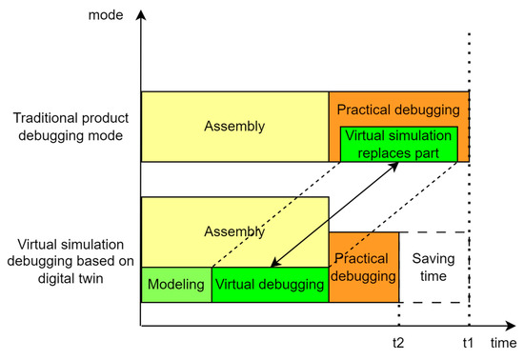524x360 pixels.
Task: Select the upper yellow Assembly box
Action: (234, 126)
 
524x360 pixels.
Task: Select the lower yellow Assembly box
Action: (234, 230)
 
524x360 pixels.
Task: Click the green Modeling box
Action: (176, 285)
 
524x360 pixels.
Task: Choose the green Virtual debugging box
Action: (271, 285)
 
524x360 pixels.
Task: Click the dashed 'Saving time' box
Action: (433, 268)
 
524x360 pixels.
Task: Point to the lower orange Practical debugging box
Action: (363, 268)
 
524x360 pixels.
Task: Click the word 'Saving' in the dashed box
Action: (433, 258)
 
